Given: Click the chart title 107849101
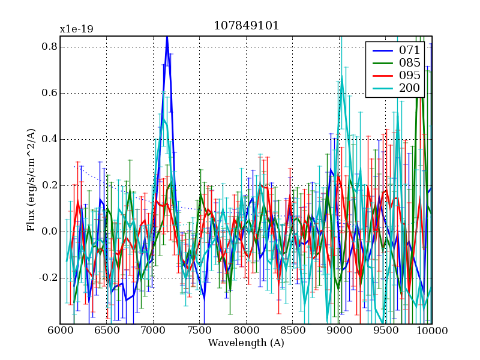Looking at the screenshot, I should coord(246,26).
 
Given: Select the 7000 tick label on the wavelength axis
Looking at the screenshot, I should coord(153,331).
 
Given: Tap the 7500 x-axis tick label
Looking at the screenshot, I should coord(200,331).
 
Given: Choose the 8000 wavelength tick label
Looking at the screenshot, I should coord(246,331).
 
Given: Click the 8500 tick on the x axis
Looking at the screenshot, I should coord(293,331).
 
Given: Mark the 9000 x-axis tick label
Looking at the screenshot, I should coord(339,331).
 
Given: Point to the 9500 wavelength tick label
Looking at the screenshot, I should coord(386,331).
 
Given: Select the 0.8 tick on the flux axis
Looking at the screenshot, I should coord(50,47).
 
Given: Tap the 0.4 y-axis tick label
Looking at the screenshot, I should coord(50,139).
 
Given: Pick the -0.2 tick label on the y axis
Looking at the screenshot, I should coord(48,278).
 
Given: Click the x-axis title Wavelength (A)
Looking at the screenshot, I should coord(246,343).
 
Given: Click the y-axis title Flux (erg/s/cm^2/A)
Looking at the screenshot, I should coord(31,180).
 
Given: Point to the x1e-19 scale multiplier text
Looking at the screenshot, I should coord(76,29).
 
